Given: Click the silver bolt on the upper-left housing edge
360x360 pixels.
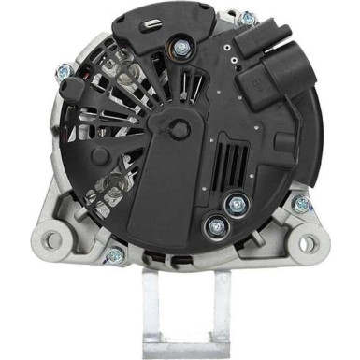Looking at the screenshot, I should point(65,72).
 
